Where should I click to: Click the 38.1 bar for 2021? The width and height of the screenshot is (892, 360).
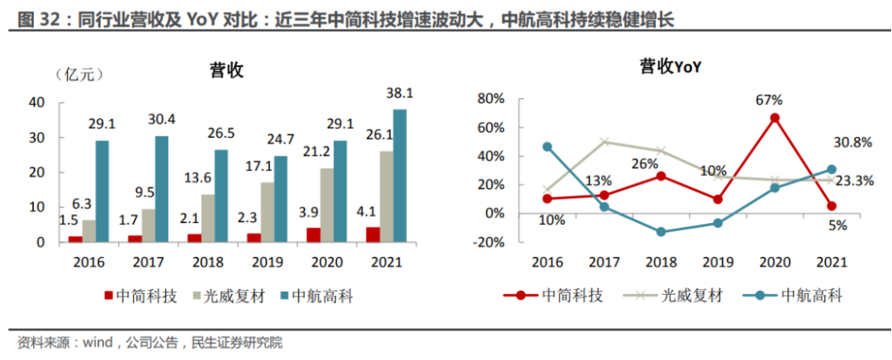[400, 176]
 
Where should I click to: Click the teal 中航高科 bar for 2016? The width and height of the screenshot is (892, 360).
[102, 191]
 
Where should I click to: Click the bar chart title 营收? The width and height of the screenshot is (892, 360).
[225, 72]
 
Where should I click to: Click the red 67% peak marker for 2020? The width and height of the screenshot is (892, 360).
[775, 118]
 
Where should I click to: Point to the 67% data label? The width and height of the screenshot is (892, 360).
[768, 101]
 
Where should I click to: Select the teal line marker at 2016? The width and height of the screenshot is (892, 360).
[547, 147]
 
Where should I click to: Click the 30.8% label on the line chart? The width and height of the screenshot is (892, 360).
[852, 142]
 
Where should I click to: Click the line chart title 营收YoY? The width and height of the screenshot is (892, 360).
[670, 68]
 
